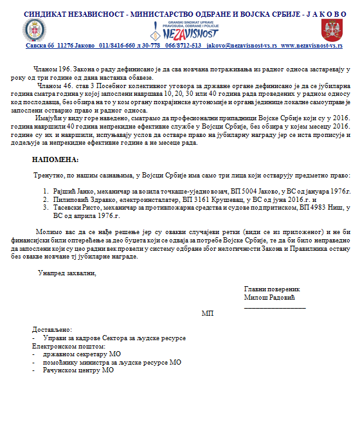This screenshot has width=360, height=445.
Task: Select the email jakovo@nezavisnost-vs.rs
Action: pos(241,46)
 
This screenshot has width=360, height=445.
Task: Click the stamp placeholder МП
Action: pos(208,313)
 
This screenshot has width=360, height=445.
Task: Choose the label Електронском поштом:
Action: pos(68,346)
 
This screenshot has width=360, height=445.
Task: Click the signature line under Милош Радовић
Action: pos(274,307)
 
